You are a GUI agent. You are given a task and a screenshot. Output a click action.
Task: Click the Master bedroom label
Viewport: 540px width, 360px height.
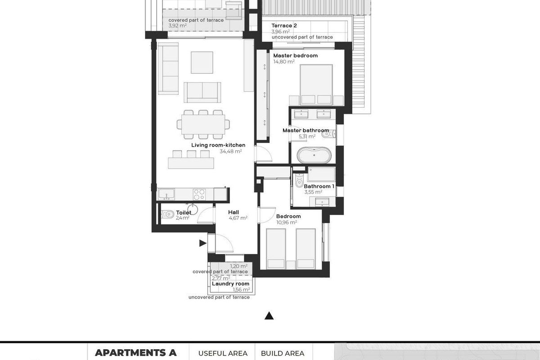pyautogui.click(x=295, y=56)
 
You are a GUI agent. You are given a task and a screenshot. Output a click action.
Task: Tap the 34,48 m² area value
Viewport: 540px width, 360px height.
pyautogui.click(x=230, y=152)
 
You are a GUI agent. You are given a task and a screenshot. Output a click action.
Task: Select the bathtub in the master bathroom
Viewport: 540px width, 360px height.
pyautogui.click(x=315, y=156)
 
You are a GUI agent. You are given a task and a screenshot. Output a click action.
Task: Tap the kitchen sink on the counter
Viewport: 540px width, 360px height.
pyautogui.click(x=166, y=194)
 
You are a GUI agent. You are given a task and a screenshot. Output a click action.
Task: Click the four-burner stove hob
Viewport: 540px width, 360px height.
pyautogui.click(x=199, y=194)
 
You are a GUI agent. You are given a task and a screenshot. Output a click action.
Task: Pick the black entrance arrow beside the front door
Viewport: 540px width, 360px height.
pyautogui.click(x=203, y=243)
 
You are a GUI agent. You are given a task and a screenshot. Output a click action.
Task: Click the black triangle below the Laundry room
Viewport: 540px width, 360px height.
pyautogui.click(x=269, y=316)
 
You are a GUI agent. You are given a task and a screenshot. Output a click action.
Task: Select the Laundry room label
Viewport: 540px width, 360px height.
pyautogui.click(x=230, y=284)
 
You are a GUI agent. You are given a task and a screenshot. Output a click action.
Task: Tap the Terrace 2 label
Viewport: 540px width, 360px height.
pyautogui.click(x=284, y=26)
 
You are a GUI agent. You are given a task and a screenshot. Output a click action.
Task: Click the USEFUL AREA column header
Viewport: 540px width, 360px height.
pyautogui.click(x=223, y=353)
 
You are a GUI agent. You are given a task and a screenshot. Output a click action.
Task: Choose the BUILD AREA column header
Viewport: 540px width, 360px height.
pyautogui.click(x=283, y=353)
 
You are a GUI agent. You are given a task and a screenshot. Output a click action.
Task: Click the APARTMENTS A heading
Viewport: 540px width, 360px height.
pyautogui.click(x=135, y=352)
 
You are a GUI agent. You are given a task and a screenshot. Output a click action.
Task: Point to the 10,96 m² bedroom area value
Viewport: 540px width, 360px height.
pyautogui.click(x=286, y=222)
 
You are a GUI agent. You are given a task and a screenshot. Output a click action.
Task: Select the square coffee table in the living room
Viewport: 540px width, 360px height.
pyautogui.click(x=202, y=62)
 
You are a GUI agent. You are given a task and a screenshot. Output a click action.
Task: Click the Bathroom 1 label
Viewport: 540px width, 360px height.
pyautogui.click(x=319, y=186)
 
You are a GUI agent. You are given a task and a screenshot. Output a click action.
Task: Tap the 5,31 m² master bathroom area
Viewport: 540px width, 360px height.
pyautogui.click(x=307, y=136)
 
